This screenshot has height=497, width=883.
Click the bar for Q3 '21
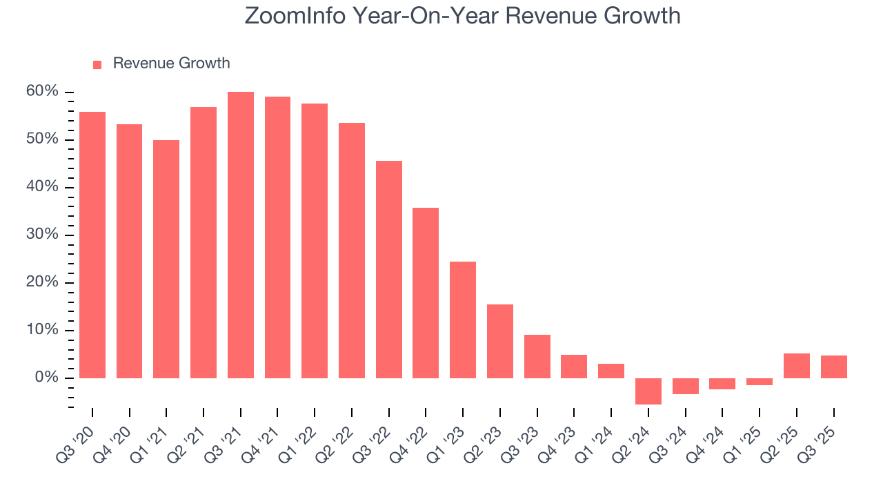[241, 235]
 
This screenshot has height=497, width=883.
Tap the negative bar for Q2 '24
[648, 391]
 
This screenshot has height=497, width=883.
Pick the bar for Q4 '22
[426, 293]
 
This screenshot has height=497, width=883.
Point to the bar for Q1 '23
[463, 320]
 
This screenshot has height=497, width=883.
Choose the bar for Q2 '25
[797, 366]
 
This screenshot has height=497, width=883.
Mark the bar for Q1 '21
[166, 259]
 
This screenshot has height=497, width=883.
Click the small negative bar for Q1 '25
[760, 382]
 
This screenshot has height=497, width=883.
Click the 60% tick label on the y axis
[43, 92]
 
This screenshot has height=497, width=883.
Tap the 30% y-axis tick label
[43, 235]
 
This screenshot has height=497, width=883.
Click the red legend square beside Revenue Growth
[97, 64]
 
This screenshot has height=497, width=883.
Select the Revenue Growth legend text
[171, 64]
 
